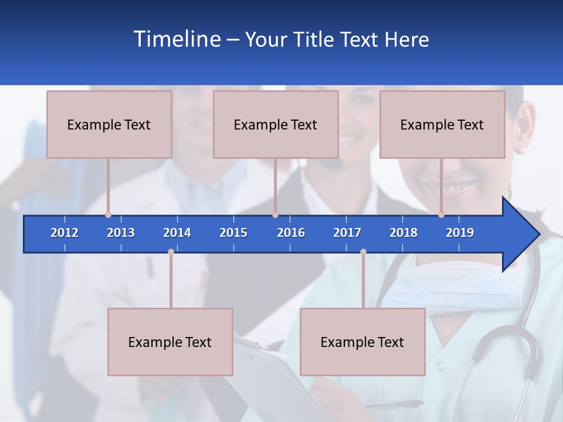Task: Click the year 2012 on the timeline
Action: pos(65,233)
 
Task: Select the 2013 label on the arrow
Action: pos(121,233)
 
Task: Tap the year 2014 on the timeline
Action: pos(177,233)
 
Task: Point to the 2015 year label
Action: pos(233,233)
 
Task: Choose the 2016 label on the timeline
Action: pos(291,233)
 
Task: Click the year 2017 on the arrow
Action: pos(347,233)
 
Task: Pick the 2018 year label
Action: pos(403,233)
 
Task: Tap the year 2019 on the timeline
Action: pos(460,233)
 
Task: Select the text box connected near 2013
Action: pos(109,124)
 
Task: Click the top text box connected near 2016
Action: pos(276,124)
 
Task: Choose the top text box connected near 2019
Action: pos(442,124)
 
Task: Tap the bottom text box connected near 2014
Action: pos(170,342)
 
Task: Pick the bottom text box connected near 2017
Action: pos(362,342)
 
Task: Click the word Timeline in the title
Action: pos(176,39)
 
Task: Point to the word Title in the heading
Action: pos(314,39)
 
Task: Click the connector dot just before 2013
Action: pos(108,215)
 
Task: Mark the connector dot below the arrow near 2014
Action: pos(171,252)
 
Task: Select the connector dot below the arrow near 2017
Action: pos(363,252)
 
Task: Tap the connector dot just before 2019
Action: pos(442,215)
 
